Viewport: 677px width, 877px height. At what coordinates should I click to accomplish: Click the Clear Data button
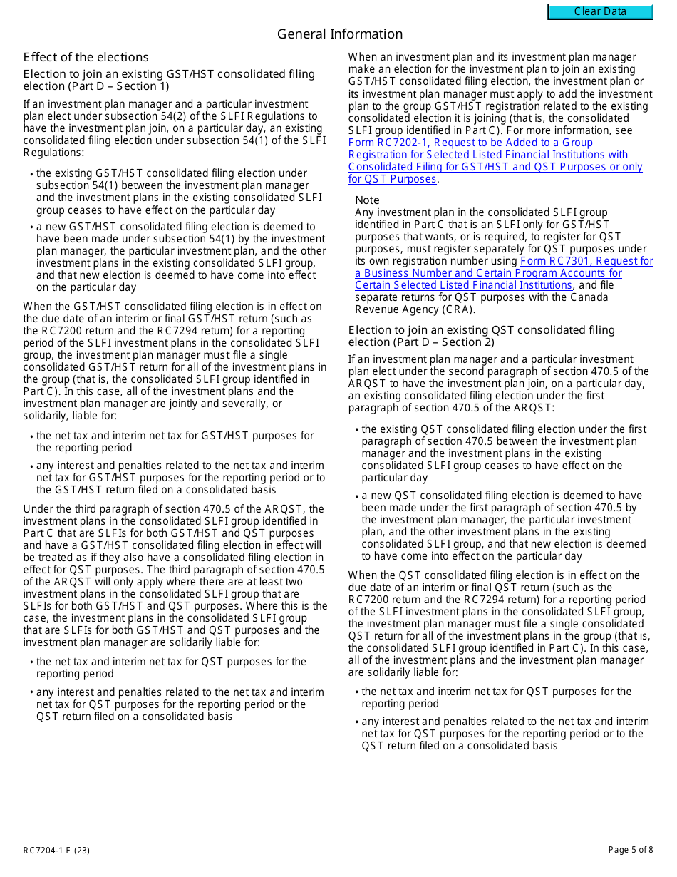pyautogui.click(x=600, y=11)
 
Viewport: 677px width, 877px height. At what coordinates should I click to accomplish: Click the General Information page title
pyautogui.click(x=339, y=34)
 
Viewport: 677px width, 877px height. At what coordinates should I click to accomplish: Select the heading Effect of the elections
pyautogui.click(x=86, y=57)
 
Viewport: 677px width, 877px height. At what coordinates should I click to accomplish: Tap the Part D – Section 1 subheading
pyautogui.click(x=169, y=80)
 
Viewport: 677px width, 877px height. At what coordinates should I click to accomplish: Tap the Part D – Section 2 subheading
pyautogui.click(x=481, y=336)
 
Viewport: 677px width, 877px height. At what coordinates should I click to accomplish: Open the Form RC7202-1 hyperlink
pyautogui.click(x=495, y=160)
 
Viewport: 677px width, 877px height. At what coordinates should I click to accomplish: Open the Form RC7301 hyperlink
pyautogui.click(x=503, y=273)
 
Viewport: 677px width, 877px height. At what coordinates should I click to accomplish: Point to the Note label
pyautogui.click(x=367, y=200)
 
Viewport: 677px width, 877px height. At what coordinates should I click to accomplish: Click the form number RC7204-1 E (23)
pyautogui.click(x=56, y=850)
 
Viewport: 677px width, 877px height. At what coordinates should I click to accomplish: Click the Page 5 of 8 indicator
pyautogui.click(x=630, y=850)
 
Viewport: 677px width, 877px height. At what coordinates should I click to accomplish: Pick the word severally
pyautogui.click(x=237, y=404)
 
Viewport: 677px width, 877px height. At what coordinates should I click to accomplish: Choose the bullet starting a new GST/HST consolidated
pyautogui.click(x=180, y=257)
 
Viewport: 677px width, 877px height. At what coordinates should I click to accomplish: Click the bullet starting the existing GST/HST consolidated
pyautogui.click(x=179, y=191)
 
